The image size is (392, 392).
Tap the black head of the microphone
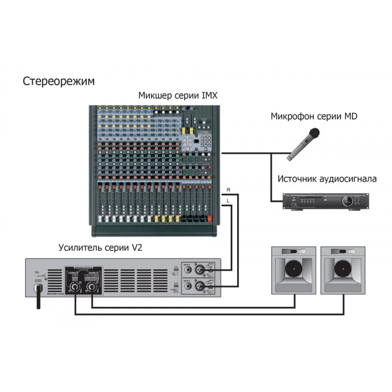point(314,132)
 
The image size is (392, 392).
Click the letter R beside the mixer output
point(229,190)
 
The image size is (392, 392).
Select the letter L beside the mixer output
point(229,200)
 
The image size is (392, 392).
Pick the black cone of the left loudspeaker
point(293,269)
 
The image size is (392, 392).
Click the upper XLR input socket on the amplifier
point(200,269)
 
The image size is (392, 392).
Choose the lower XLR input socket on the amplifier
point(200,286)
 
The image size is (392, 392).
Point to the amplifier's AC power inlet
point(37,288)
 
